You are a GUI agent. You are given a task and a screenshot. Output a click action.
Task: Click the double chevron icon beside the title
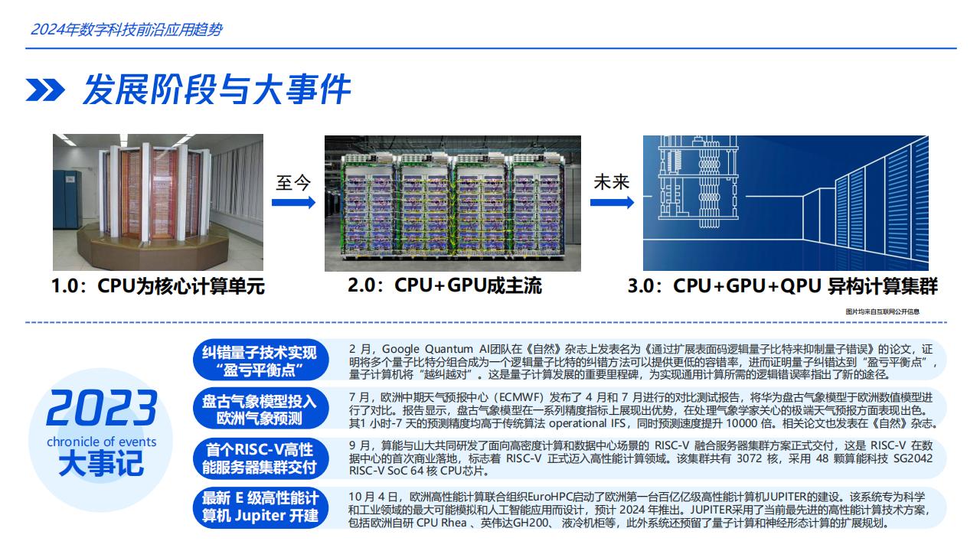[45, 90]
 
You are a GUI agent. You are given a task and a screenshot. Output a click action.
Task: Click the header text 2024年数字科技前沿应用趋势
[126, 30]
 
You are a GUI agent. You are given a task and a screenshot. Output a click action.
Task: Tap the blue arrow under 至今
[293, 203]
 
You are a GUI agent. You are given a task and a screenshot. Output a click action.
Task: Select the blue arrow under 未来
[612, 203]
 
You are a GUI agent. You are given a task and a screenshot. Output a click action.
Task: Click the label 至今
[293, 182]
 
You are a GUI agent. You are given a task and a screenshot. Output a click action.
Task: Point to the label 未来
[611, 182]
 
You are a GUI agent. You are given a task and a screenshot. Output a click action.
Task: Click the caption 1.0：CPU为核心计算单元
[158, 286]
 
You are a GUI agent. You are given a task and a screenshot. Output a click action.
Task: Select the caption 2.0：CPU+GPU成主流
[445, 285]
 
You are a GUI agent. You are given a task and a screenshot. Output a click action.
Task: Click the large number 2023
[102, 408]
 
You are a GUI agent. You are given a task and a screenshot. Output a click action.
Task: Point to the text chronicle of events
[102, 442]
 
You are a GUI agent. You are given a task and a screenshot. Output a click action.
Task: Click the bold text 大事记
[101, 464]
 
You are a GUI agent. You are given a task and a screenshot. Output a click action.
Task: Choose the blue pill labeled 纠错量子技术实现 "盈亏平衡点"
[260, 360]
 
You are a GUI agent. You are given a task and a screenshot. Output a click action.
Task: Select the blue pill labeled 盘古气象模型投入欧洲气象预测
[260, 409]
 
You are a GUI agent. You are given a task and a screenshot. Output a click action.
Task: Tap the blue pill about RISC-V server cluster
[260, 458]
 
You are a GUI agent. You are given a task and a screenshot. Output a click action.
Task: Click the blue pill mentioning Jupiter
[260, 507]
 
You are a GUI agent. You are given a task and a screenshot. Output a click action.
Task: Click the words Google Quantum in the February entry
[427, 349]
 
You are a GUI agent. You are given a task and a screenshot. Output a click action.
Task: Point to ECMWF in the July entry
[521, 397]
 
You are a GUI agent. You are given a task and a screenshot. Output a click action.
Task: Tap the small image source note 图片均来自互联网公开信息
[883, 311]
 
